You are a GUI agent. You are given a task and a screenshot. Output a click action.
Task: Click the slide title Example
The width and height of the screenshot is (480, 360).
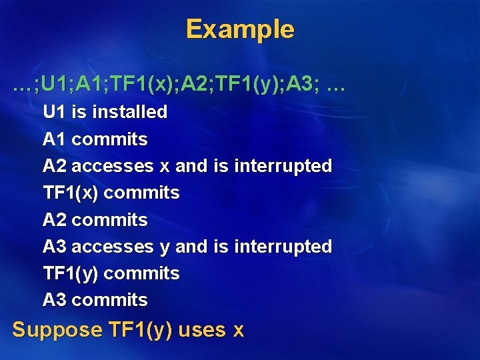pos(239,29)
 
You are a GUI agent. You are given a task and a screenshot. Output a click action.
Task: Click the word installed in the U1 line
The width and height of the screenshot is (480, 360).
pos(129,112)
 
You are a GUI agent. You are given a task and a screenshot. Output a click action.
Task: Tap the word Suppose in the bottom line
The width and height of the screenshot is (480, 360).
pos(57,330)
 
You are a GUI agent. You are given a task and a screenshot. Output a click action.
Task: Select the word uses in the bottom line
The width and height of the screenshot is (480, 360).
pos(202,330)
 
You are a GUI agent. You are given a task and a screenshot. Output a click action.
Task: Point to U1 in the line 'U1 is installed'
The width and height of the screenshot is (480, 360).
pos(54,112)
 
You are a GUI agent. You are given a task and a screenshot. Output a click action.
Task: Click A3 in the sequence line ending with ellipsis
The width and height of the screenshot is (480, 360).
pos(306,85)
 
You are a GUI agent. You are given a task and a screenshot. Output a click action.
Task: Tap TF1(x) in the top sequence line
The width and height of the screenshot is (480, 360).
pos(146,85)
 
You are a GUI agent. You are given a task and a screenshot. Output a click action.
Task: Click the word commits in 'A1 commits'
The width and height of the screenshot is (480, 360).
pos(109,139)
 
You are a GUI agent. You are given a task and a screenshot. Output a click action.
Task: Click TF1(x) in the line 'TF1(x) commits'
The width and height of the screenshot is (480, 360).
pos(71,193)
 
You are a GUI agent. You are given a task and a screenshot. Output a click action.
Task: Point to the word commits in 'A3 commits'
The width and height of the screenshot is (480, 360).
pos(109,300)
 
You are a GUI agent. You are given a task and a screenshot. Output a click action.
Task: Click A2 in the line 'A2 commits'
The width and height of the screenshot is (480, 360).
pos(54,220)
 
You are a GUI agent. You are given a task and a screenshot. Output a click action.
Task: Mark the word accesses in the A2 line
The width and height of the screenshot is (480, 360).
pos(112,166)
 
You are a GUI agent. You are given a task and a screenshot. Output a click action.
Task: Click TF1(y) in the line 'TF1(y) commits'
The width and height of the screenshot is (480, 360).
pos(71,273)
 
